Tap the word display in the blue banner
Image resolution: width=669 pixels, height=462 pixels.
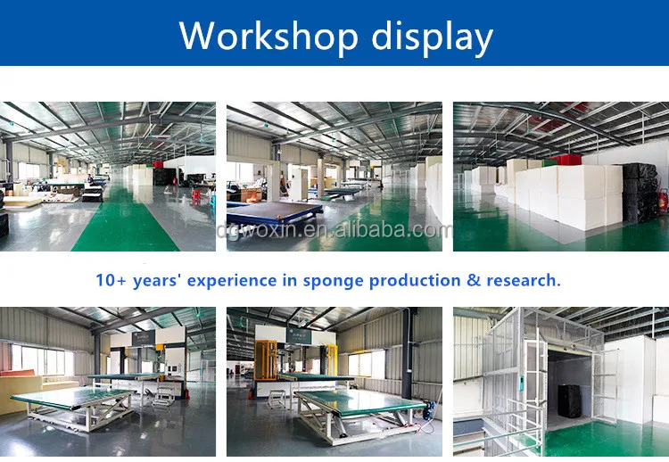(433, 37)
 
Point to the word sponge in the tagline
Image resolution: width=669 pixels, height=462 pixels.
(334, 281)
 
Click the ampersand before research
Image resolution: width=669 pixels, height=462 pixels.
(474, 280)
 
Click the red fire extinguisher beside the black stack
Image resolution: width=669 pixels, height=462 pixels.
(663, 201)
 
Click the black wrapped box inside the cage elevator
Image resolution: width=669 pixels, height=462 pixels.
(569, 401)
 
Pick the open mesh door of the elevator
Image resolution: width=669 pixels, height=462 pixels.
(605, 385)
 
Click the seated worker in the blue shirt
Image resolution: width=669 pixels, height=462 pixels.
(90, 179)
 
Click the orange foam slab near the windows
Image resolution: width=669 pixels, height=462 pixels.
(17, 373)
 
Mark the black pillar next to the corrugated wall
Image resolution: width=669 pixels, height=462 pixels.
(407, 354)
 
